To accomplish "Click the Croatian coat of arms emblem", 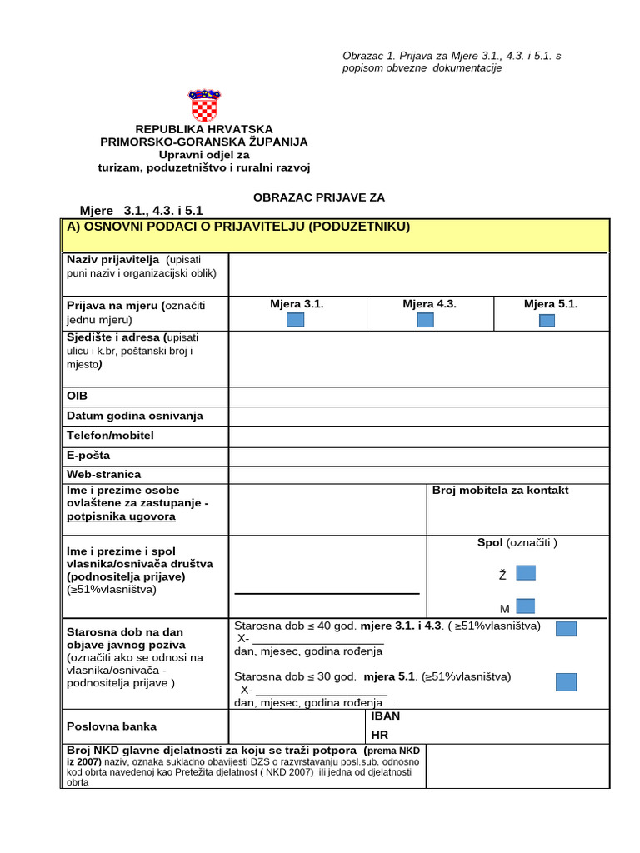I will (204, 106).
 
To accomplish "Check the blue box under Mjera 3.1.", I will (296, 320).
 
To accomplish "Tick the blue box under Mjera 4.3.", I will (426, 320).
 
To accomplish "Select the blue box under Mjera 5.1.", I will (547, 320).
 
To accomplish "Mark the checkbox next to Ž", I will (526, 573).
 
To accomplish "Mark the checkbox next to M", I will (526, 606).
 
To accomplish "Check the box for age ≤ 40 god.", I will (566, 629).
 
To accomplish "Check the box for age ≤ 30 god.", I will (566, 682).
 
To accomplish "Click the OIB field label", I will (77, 396).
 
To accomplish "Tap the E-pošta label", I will (88, 456).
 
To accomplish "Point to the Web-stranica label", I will (103, 474).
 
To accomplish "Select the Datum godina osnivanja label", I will (135, 416).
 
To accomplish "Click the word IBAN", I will (386, 716).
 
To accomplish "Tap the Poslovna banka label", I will (111, 726).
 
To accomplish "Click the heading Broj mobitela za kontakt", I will (501, 491).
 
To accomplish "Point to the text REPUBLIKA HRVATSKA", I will (204, 130).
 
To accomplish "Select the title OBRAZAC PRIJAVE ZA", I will (319, 197).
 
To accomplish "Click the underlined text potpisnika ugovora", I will (121, 517).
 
